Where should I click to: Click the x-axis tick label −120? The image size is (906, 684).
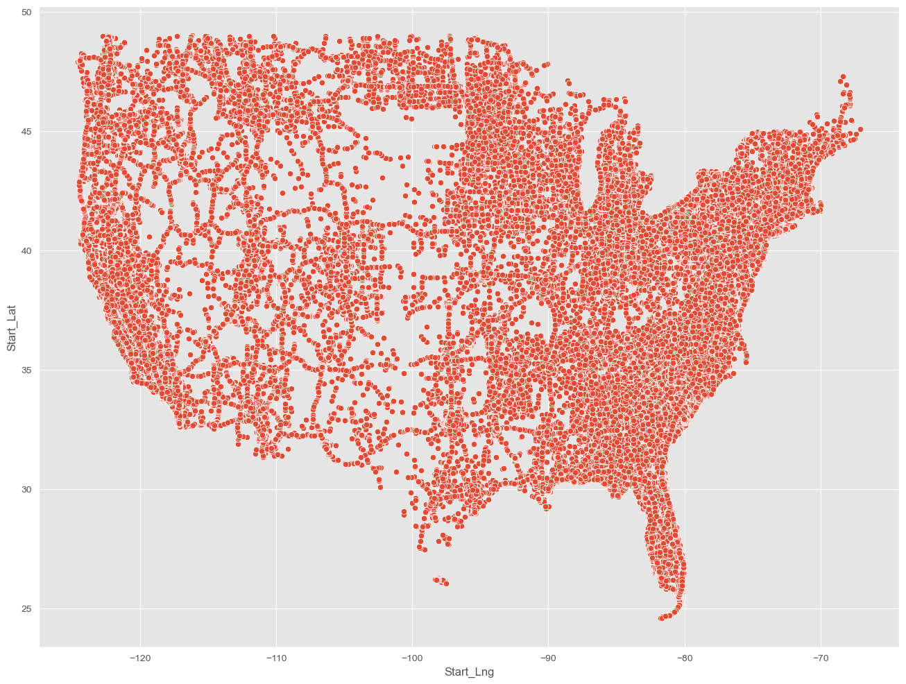coord(140,658)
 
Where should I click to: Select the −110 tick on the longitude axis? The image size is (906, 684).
coord(276,658)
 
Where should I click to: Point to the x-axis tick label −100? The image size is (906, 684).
coord(412,658)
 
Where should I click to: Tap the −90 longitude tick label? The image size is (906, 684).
coord(548,658)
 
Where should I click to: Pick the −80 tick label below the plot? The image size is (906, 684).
coord(685,658)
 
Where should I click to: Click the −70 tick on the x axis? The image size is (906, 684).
coord(821,658)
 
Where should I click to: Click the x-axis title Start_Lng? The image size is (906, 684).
coord(469,672)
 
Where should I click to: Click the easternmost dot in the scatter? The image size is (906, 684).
coord(860,129)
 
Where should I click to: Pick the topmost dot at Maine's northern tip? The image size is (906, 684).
coord(843,76)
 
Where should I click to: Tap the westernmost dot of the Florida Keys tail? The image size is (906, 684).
coord(661,618)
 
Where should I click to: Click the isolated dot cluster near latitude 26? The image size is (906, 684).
coord(441,581)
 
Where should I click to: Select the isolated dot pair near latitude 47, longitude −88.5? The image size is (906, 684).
coord(568,83)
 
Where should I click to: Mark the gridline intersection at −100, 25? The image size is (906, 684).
coord(412,608)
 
